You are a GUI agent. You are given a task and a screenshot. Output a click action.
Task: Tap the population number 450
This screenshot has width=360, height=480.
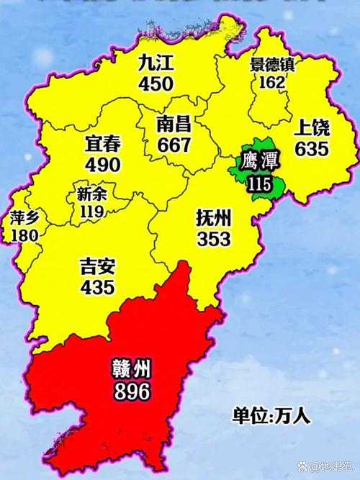coord(156,83)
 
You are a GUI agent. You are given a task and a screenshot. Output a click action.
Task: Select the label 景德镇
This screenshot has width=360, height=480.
coord(271,65)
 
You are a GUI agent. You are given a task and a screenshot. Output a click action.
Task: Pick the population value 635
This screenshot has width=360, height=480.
coord(312,149)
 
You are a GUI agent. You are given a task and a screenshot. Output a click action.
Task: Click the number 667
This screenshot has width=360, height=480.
coord(174,145)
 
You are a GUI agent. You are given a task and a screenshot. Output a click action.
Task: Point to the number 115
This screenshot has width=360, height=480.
coord(258,184)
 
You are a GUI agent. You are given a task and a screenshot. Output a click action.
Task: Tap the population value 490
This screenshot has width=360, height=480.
coord(102,164)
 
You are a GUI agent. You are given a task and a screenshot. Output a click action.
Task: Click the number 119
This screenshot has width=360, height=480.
coord(92,212)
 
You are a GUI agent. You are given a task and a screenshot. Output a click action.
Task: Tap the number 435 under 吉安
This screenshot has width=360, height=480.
coord(99,287)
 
